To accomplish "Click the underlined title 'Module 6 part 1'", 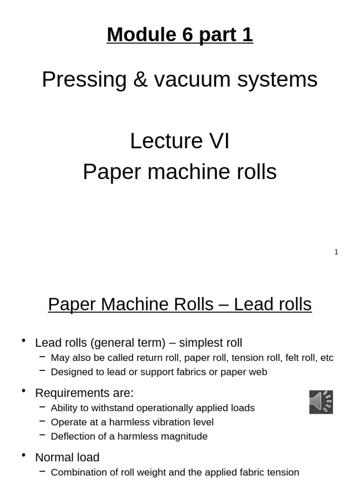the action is [180, 35].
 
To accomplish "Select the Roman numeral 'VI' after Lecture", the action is [219, 141].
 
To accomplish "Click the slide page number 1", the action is [336, 252].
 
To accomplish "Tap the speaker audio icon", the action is [321, 402].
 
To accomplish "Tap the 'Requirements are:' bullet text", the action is [84, 393].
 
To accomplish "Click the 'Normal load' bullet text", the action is [67, 457].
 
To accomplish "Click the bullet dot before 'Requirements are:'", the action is [24, 391].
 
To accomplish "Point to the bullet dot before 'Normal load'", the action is [24, 456].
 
